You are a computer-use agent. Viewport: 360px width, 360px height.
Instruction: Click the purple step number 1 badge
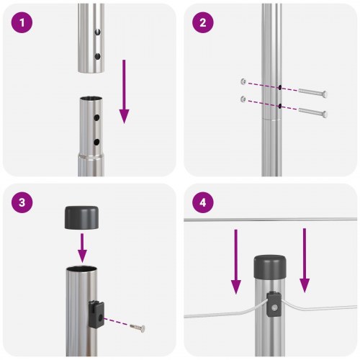point(24,23)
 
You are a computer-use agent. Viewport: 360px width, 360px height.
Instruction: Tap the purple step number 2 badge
point(203,23)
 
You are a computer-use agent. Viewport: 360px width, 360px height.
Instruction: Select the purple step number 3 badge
point(24,203)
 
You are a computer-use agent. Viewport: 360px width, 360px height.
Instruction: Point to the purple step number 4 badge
point(203,203)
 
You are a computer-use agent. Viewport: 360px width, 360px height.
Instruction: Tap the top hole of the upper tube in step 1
point(96,32)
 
